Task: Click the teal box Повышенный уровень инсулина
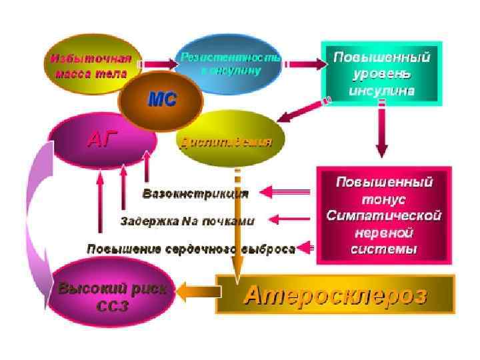[381, 73]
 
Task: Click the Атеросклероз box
[335, 295]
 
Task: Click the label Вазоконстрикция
[196, 194]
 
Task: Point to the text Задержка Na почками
[187, 219]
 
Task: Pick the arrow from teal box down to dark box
[381, 130]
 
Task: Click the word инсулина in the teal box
[381, 90]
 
